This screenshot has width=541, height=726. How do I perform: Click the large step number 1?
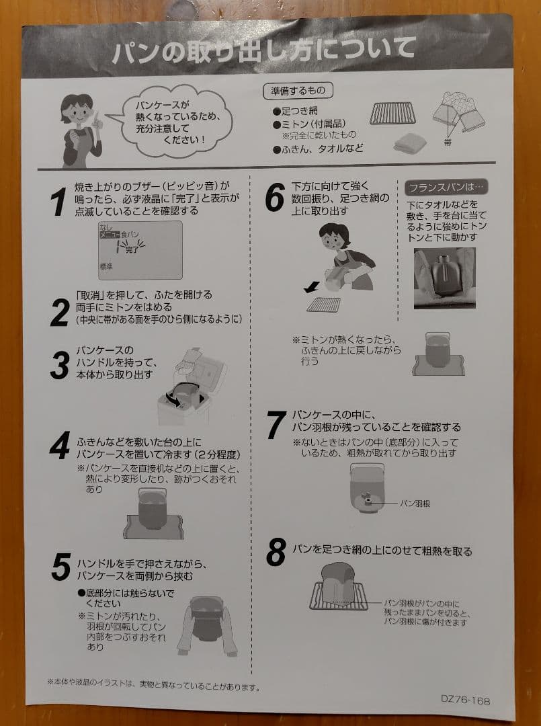click(58, 202)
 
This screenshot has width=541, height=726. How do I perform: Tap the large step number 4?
click(60, 446)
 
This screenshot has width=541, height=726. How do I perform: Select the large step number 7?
click(276, 425)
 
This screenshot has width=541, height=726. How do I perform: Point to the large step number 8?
click(276, 553)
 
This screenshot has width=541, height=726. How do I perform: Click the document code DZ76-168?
click(465, 699)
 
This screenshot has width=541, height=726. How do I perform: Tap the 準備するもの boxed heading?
click(298, 91)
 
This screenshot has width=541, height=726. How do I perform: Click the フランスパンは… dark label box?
click(446, 188)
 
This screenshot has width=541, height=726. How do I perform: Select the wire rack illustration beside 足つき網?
click(392, 114)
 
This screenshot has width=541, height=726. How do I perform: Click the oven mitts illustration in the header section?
click(458, 114)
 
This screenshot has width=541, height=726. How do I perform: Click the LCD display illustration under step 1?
click(140, 250)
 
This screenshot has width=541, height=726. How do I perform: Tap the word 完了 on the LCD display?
click(132, 249)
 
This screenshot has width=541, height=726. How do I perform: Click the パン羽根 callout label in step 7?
click(415, 503)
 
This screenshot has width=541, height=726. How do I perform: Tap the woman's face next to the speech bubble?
click(77, 112)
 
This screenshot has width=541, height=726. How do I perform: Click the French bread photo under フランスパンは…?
click(444, 278)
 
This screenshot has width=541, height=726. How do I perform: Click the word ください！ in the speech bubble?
click(184, 139)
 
